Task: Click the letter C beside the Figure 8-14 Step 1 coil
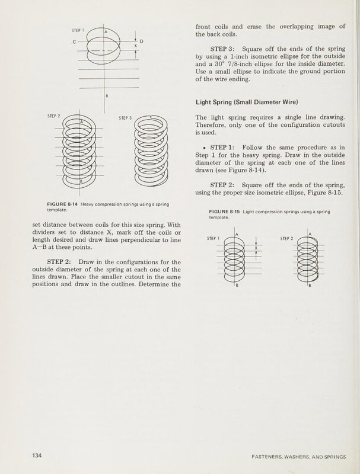[74, 41]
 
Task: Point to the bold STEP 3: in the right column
[224, 49]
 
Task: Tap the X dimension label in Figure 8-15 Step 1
[256, 249]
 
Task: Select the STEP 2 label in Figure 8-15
[288, 239]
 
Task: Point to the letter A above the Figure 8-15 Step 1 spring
[237, 235]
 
